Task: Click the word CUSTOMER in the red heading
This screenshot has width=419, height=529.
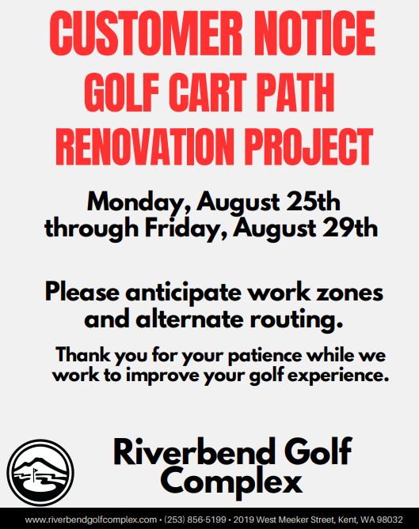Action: click(146, 33)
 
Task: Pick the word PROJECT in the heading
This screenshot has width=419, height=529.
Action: click(308, 146)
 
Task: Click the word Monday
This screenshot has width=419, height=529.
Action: click(139, 203)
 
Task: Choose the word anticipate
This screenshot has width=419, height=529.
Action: click(183, 293)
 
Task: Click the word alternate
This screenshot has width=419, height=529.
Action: click(189, 319)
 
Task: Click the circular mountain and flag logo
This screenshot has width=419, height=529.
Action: click(40, 472)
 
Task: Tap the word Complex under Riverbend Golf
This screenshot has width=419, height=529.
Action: click(231, 481)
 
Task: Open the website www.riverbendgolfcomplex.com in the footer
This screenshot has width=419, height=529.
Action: click(90, 520)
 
